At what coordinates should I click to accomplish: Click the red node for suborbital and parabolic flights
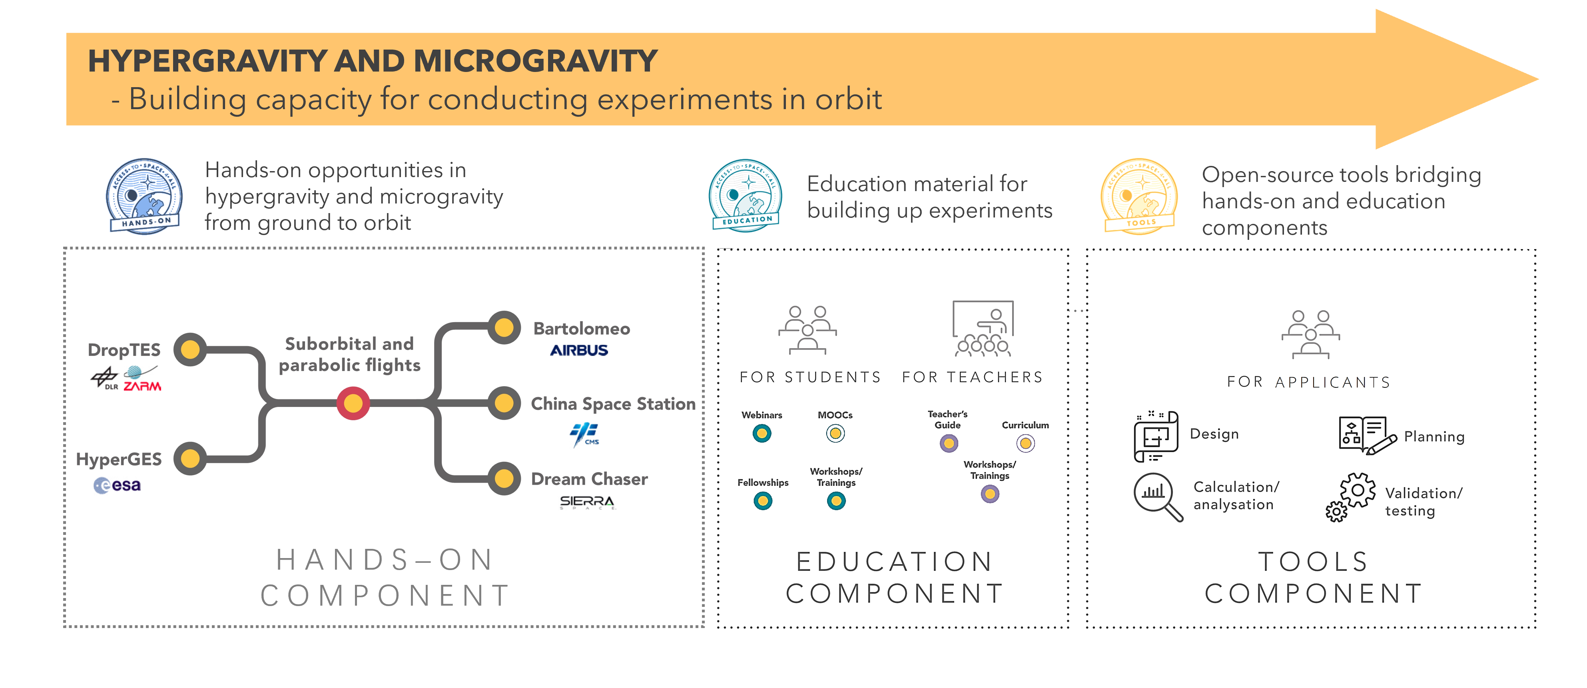[x=353, y=403]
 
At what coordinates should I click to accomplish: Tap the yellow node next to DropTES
[x=190, y=350]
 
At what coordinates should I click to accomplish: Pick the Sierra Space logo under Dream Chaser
[x=587, y=503]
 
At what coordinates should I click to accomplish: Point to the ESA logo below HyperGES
[x=117, y=485]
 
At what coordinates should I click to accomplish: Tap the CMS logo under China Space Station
[x=585, y=434]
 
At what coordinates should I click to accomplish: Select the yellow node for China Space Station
[x=504, y=403]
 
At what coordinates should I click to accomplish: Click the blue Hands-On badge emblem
[x=145, y=196]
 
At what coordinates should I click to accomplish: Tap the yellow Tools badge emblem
[x=1139, y=196]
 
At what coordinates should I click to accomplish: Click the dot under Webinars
[x=762, y=434]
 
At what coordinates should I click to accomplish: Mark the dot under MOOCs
[x=835, y=434]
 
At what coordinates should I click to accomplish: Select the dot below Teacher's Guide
[x=949, y=443]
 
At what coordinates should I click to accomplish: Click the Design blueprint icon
[x=1156, y=436]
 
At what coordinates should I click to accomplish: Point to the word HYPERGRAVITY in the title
[x=207, y=61]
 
